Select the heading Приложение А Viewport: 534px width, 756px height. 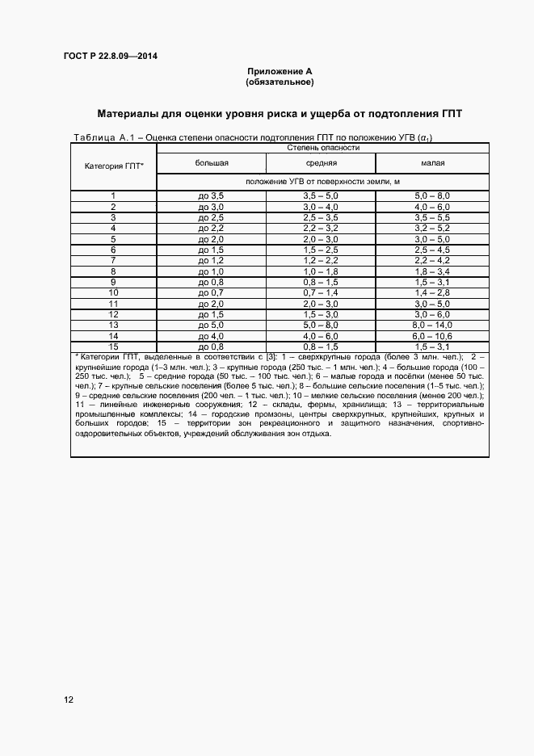point(280,73)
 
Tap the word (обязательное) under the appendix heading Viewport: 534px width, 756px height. point(280,82)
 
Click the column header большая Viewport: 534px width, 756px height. point(211,163)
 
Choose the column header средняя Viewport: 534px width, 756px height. point(321,163)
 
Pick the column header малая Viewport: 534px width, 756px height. point(432,163)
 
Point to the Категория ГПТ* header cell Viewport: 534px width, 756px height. point(114,166)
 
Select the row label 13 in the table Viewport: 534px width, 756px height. point(114,324)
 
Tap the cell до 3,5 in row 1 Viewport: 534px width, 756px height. point(211,196)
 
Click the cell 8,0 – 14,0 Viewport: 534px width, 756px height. point(432,324)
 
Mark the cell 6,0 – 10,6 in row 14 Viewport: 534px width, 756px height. point(432,335)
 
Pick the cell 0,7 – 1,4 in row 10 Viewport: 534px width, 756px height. point(321,292)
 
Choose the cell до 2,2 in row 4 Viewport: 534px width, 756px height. point(211,229)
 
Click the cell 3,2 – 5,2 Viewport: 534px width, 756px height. point(432,229)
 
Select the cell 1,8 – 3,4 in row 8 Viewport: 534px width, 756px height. point(432,271)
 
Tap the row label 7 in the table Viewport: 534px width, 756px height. point(114,260)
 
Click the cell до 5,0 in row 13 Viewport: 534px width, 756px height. point(211,324)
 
